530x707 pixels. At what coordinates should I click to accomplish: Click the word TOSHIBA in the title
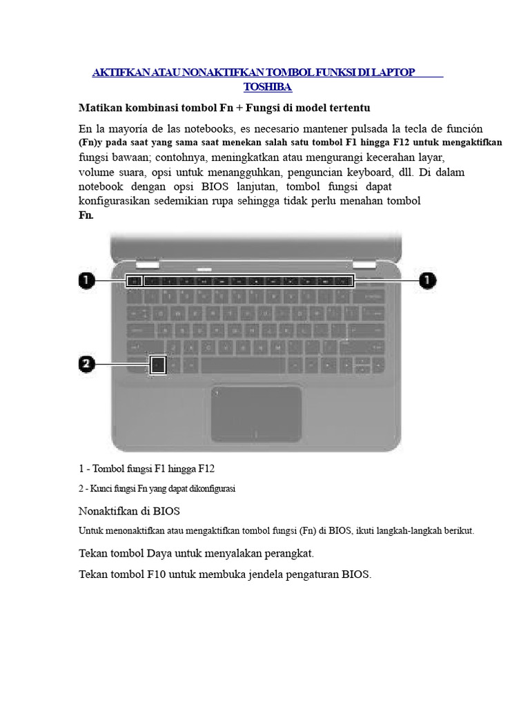pyautogui.click(x=268, y=87)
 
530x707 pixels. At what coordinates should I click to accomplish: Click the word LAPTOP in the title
pyautogui.click(x=393, y=72)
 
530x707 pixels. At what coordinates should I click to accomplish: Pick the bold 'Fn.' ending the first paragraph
pyautogui.click(x=86, y=215)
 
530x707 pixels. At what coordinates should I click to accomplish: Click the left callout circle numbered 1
pyautogui.click(x=86, y=280)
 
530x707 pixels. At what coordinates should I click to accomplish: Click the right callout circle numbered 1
pyautogui.click(x=428, y=280)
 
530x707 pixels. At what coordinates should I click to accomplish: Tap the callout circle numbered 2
pyautogui.click(x=86, y=365)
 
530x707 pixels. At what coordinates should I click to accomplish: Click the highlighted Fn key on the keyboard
pyautogui.click(x=158, y=365)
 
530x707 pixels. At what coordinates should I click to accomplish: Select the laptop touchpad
pyautogui.click(x=256, y=413)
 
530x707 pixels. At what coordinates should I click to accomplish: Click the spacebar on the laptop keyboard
pyautogui.click(x=243, y=365)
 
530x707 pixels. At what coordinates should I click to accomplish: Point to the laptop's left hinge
pyautogui.click(x=147, y=264)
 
